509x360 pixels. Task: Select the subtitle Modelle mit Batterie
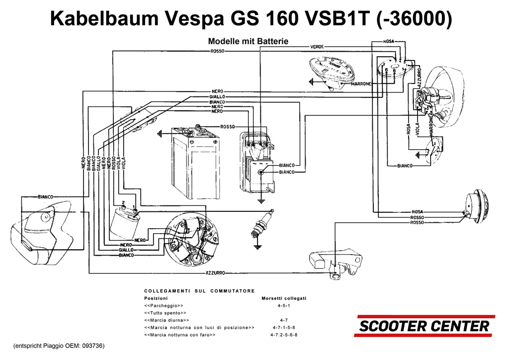pos(248,41)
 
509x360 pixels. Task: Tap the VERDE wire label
pos(317,46)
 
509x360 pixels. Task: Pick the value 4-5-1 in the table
pos(284,306)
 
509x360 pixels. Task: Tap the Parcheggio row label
pos(164,306)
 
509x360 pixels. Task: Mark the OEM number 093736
pos(93,346)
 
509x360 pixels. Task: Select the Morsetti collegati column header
pos(284,298)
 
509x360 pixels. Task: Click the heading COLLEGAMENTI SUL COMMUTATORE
pos(199,291)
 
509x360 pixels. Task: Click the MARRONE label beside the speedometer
pos(361,84)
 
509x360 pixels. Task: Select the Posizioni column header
pos(156,298)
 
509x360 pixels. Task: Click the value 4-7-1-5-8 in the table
pos(284,328)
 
